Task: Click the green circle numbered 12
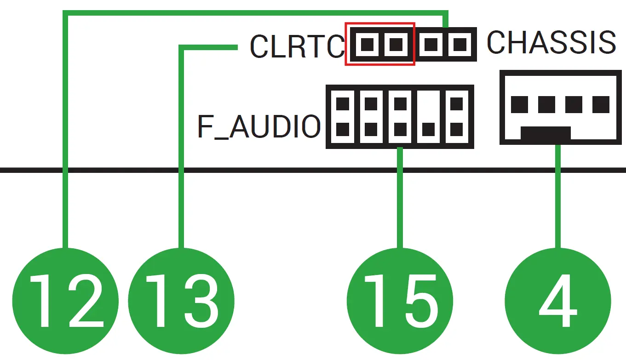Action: click(x=65, y=301)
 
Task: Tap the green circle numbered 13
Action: click(x=181, y=301)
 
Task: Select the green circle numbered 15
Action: click(x=400, y=301)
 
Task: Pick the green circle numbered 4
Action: click(x=558, y=301)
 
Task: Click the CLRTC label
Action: click(x=297, y=46)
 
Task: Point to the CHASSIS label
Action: click(x=551, y=42)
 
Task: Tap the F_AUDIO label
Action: click(x=259, y=126)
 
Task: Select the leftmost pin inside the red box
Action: click(x=367, y=44)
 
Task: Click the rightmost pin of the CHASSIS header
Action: click(x=459, y=44)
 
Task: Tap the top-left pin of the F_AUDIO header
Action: click(x=343, y=104)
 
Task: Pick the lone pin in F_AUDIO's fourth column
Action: click(x=428, y=129)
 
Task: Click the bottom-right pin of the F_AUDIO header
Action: click(x=457, y=129)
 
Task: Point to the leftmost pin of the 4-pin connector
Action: click(x=520, y=104)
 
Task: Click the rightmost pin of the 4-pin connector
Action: click(x=601, y=104)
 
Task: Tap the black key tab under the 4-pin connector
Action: click(x=546, y=133)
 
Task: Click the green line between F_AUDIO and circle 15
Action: click(x=400, y=198)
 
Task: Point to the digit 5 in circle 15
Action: click(x=422, y=301)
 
